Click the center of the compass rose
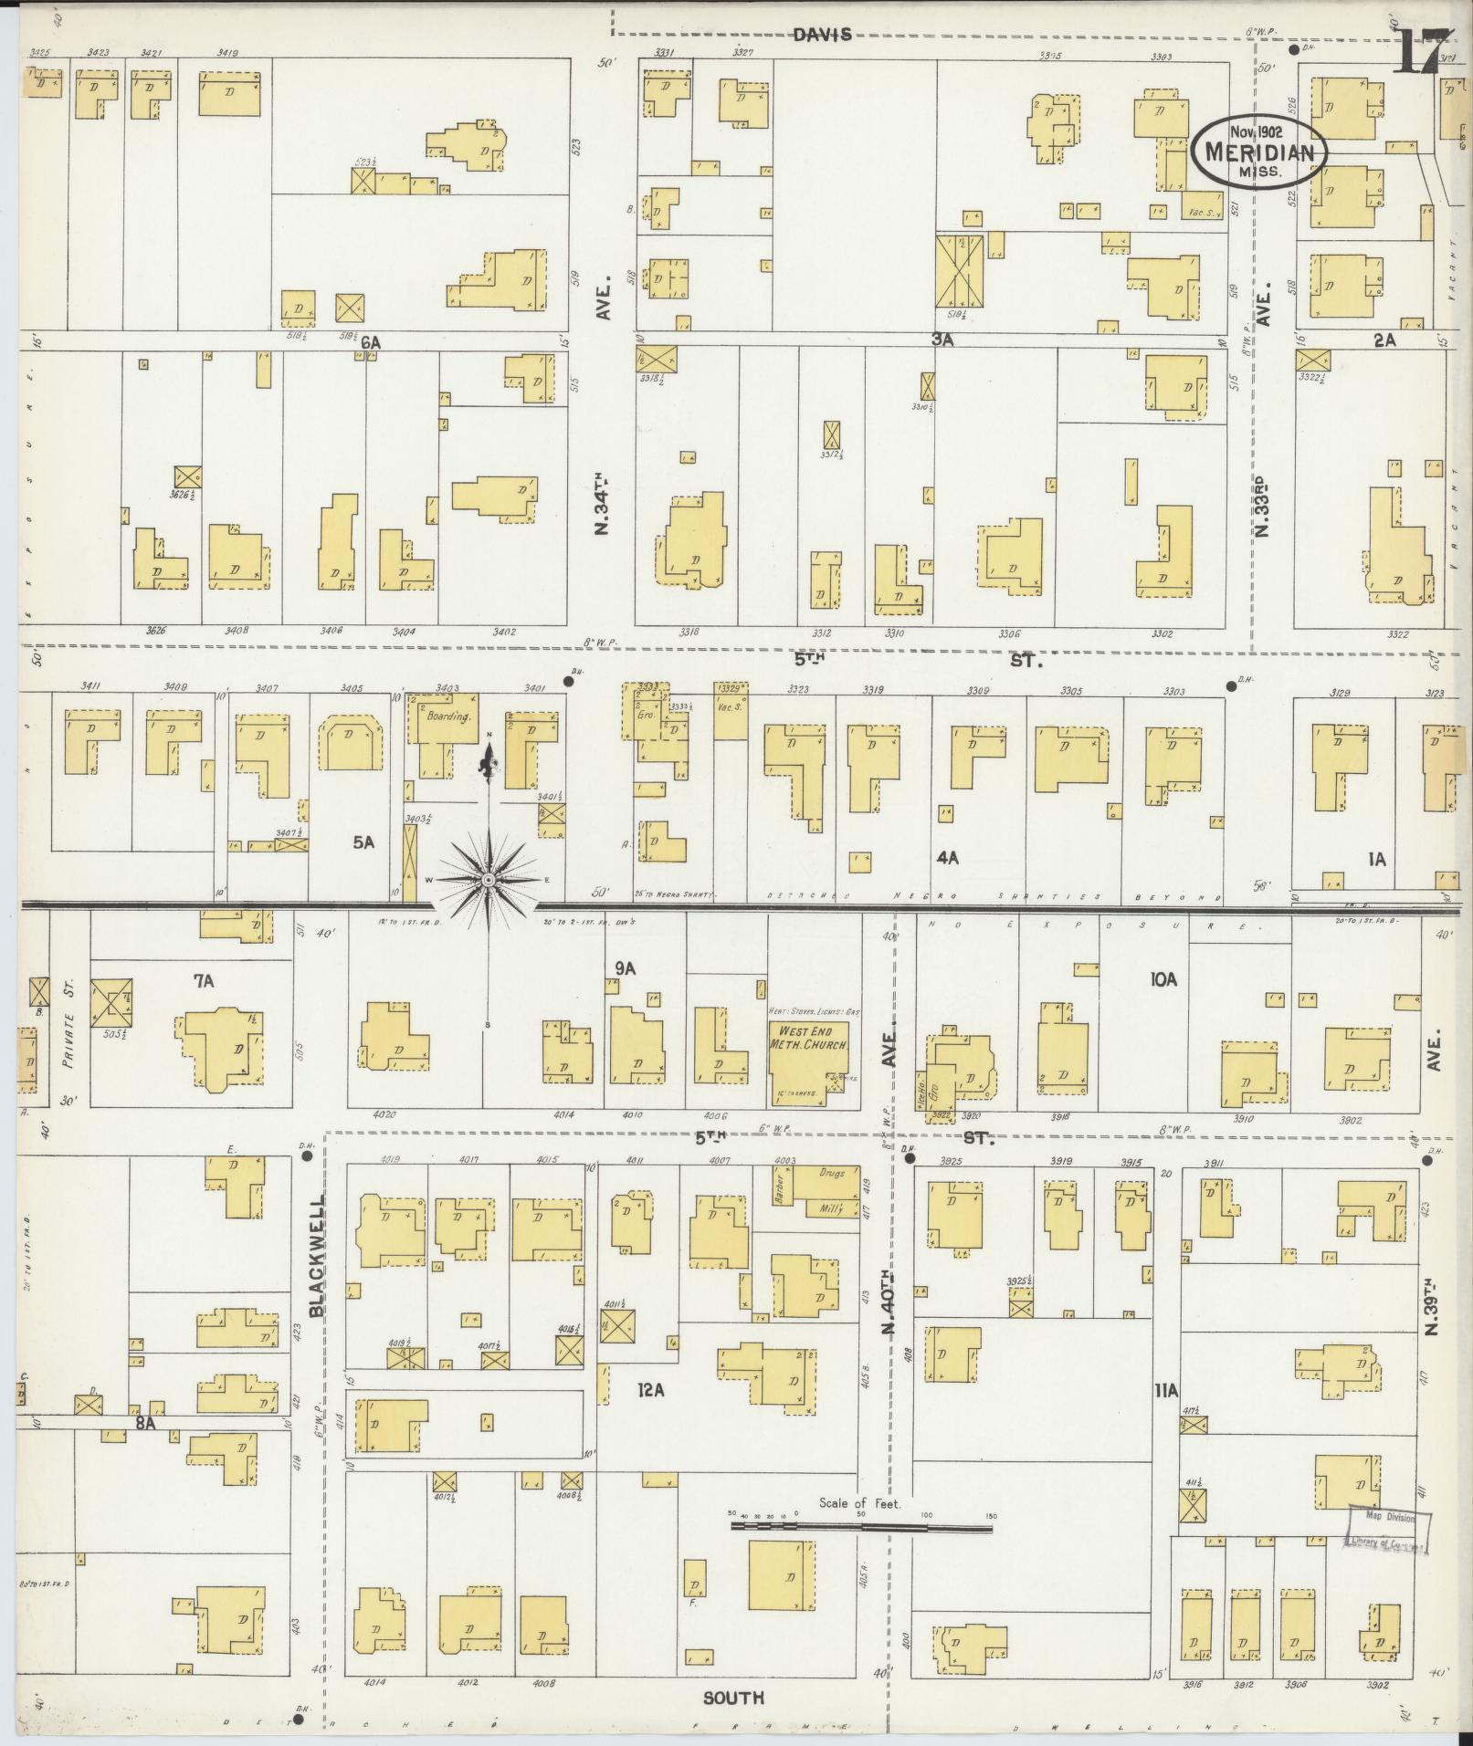click(x=488, y=879)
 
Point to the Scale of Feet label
click(x=859, y=1503)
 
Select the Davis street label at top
click(x=822, y=35)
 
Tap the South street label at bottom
click(x=733, y=1698)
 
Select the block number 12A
click(x=650, y=1416)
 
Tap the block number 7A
click(x=203, y=981)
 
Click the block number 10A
click(x=1163, y=979)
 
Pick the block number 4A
click(x=947, y=857)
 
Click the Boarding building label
click(x=447, y=716)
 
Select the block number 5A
click(x=363, y=842)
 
